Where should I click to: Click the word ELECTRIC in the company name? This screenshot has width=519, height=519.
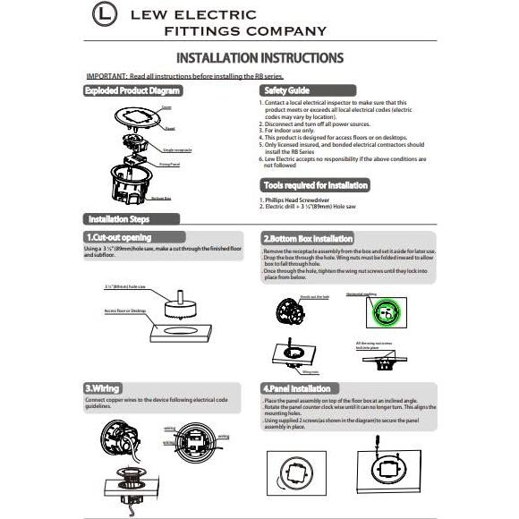pos(213,15)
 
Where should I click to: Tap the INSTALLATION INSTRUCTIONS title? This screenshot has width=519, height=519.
pos(259,58)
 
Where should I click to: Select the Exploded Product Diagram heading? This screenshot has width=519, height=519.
pos(132,91)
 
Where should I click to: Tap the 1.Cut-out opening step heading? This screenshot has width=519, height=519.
pos(117,237)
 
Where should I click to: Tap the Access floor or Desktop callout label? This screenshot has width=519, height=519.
pos(125,311)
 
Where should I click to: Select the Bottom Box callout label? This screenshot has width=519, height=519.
pos(161,198)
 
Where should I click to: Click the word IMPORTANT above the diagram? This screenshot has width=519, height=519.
pos(106,78)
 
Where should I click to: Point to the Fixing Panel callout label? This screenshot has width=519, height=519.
pos(169,166)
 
